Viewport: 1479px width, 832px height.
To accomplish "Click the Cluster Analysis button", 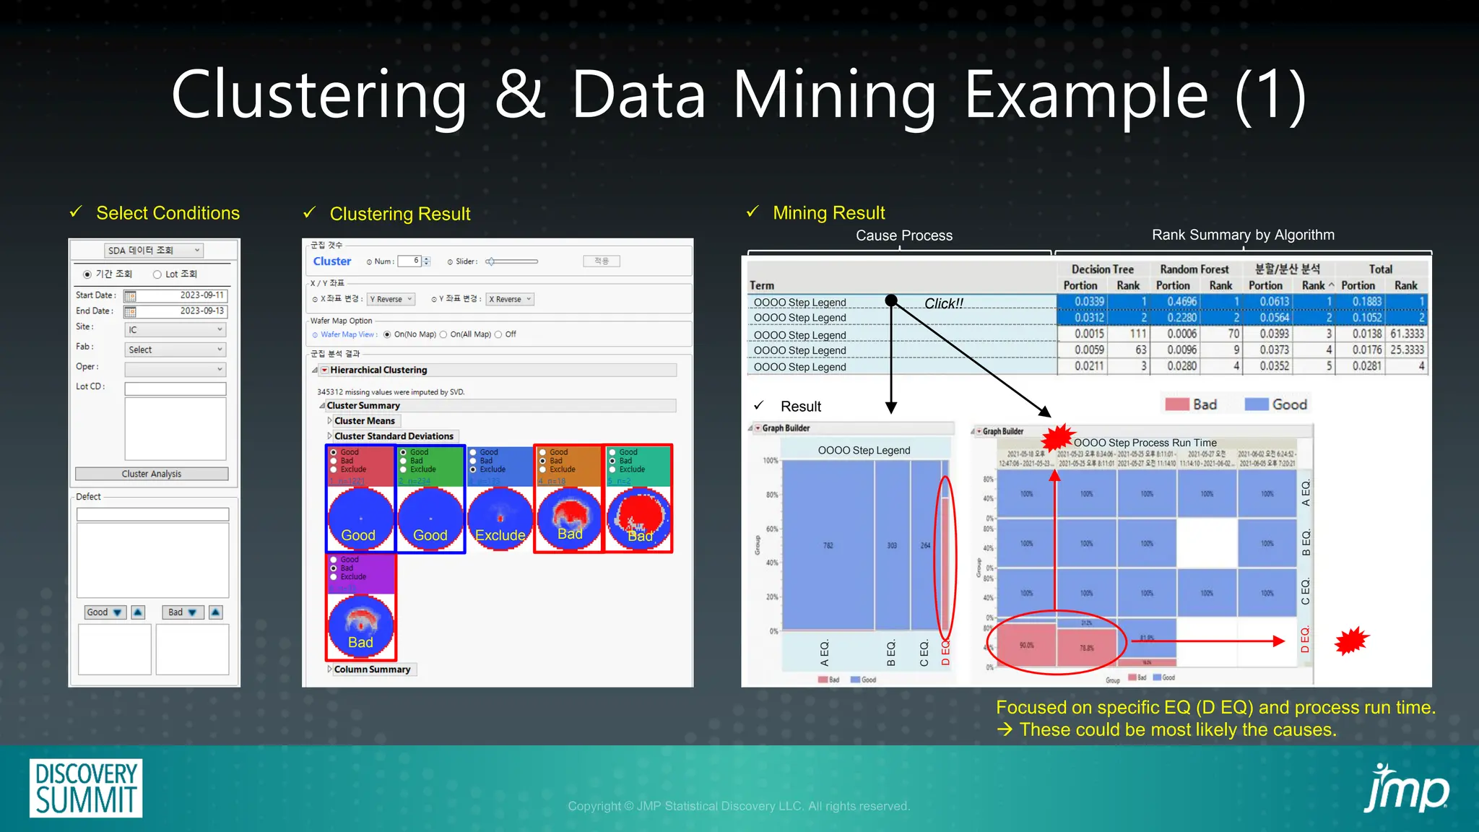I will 152,474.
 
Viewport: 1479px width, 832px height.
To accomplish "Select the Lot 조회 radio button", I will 157,274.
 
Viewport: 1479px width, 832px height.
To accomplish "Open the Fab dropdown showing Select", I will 175,350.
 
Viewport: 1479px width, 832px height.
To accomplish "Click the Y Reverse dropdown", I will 391,299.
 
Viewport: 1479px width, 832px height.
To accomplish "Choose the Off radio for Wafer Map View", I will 499,334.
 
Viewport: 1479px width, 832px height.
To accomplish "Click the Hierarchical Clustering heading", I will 378,370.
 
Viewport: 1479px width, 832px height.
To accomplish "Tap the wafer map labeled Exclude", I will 500,519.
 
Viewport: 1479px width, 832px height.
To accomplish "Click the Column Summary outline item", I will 372,669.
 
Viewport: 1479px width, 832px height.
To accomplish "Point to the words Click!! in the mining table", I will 944,303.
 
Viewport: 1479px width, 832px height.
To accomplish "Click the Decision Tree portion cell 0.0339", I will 1089,302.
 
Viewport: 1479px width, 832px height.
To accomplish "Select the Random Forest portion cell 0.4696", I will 1181,302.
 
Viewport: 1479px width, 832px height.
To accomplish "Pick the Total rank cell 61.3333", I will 1407,334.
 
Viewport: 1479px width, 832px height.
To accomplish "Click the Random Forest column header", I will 1194,269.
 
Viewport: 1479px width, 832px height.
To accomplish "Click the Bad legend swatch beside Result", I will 1177,404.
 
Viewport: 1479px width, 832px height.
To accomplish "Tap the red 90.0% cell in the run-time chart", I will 1026,645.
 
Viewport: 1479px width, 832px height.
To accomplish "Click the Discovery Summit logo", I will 86,788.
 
